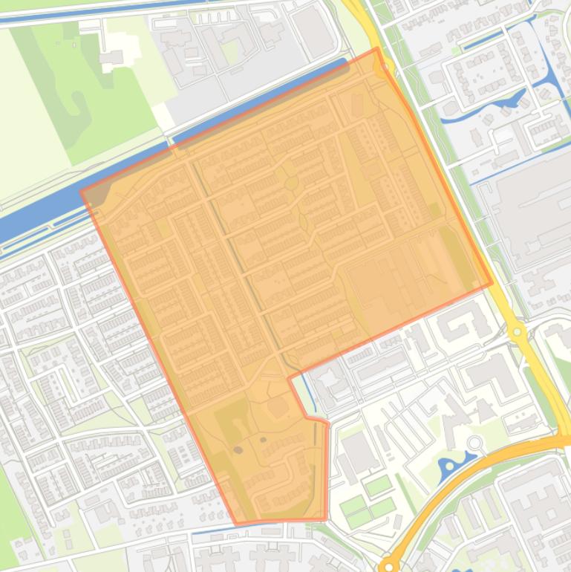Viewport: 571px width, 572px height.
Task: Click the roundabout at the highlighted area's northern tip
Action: (x=385, y=68)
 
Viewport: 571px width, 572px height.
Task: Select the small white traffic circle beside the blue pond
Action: (x=474, y=443)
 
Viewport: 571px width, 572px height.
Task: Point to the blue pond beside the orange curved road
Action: (x=451, y=467)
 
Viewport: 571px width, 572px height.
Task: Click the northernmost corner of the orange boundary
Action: (x=377, y=49)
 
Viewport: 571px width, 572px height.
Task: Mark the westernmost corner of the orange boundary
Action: (x=82, y=192)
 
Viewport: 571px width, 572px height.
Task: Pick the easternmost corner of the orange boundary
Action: (x=492, y=284)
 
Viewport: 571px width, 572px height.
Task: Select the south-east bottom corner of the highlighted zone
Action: (x=326, y=519)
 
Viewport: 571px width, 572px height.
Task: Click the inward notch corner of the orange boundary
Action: (x=290, y=378)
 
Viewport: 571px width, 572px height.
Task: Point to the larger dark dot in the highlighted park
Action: (x=238, y=449)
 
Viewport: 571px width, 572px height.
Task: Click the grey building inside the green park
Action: (x=112, y=57)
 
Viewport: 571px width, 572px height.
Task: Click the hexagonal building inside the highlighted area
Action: (x=278, y=406)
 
